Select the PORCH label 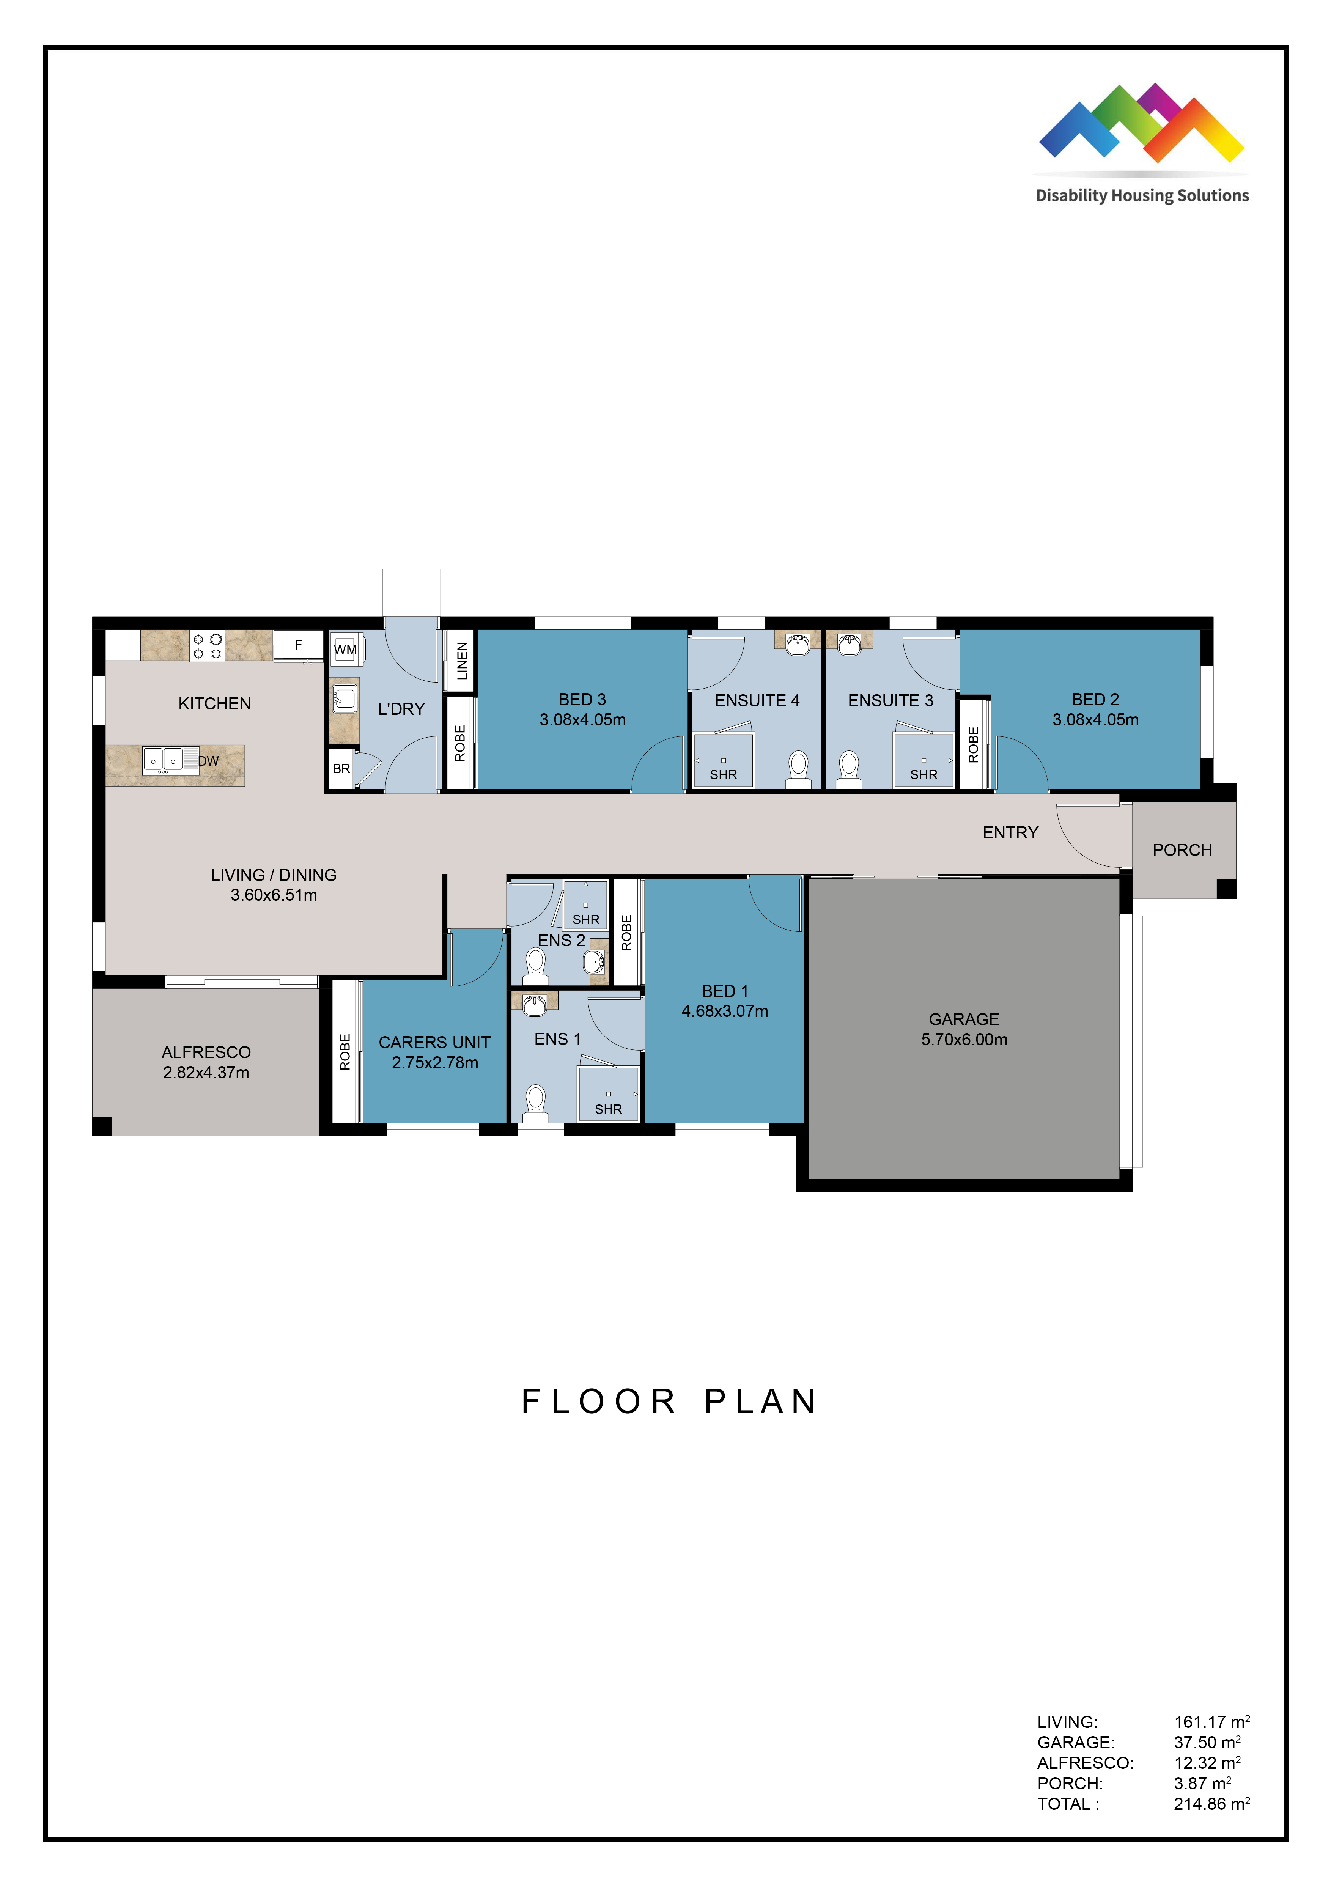click(x=1182, y=851)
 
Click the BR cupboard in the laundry click(x=341, y=768)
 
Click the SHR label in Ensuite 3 click(x=924, y=774)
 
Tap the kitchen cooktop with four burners click(x=208, y=645)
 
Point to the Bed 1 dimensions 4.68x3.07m click(x=725, y=1011)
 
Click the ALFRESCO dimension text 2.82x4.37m click(x=206, y=1073)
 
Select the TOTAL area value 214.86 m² click(x=1211, y=1803)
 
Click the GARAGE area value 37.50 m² click(x=1206, y=1742)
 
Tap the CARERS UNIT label click(x=435, y=1042)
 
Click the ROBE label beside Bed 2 click(x=974, y=745)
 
